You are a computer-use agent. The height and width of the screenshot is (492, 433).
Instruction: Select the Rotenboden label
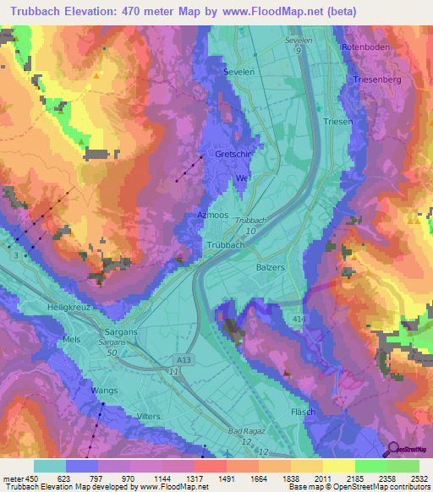(x=365, y=47)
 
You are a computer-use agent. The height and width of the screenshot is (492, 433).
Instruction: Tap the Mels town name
(x=72, y=340)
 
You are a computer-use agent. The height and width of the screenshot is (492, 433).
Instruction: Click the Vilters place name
(x=149, y=417)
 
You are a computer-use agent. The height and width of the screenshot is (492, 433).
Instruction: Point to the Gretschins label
(x=233, y=156)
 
